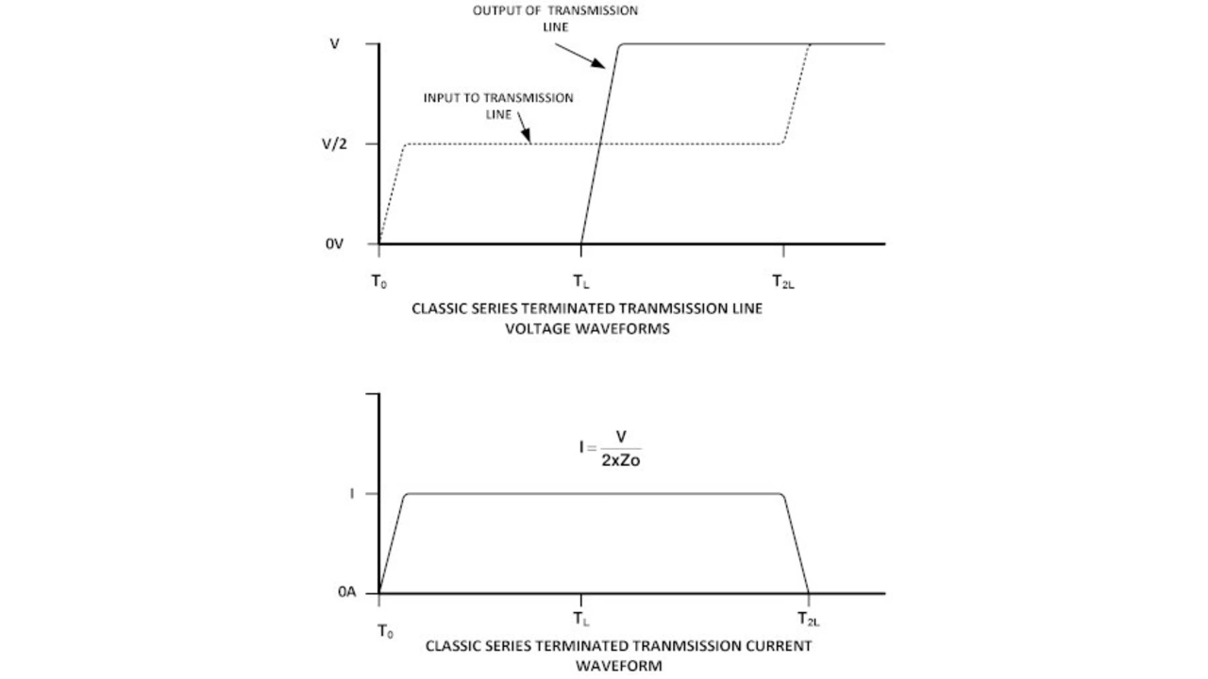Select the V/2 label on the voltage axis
[337, 143]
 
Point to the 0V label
[335, 243]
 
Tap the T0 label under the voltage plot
[378, 282]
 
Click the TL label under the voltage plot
[582, 282]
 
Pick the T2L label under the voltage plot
[783, 282]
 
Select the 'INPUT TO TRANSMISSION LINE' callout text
[497, 106]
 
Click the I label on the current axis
[352, 493]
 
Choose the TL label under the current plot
[582, 620]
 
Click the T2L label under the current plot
[809, 620]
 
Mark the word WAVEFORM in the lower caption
[619, 666]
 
